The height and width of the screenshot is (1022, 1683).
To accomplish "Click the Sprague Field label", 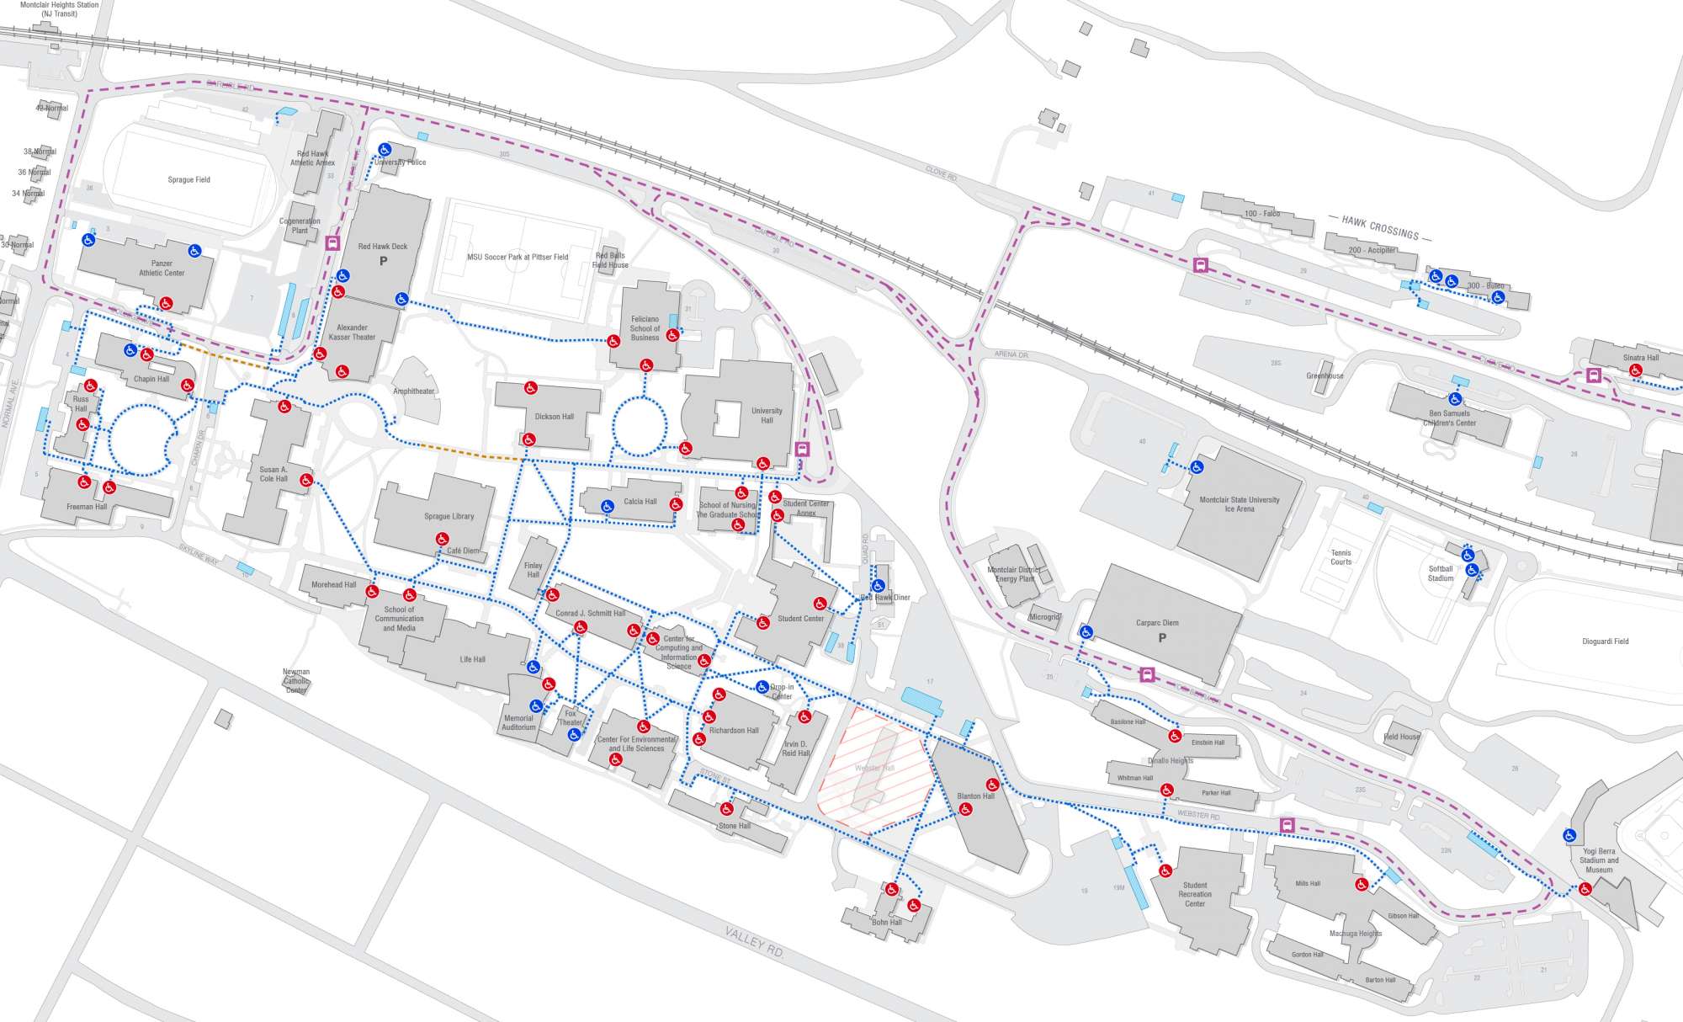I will tap(188, 179).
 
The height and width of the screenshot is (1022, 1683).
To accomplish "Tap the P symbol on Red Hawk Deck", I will tap(383, 261).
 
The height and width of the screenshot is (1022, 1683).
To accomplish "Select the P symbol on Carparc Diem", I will tap(1162, 637).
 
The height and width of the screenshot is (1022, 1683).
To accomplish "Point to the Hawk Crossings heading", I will tap(1380, 226).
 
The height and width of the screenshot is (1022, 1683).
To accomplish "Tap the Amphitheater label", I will tap(414, 391).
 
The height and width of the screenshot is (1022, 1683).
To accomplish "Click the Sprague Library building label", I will tap(449, 516).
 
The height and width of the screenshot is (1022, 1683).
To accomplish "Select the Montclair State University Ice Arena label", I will tap(1239, 504).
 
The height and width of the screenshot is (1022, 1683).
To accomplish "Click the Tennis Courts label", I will tap(1341, 557).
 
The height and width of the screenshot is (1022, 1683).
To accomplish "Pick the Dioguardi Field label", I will tap(1605, 641).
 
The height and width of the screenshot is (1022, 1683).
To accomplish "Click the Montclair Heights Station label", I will tap(59, 8).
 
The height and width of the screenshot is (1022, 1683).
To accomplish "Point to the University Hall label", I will tap(767, 415).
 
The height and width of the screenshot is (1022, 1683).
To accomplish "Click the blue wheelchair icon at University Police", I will tap(385, 150).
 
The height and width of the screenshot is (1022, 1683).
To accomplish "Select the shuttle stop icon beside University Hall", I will tap(802, 450).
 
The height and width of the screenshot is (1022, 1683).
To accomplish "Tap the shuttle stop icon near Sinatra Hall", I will tap(1593, 375).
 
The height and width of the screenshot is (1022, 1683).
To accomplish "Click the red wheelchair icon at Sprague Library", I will tap(442, 539).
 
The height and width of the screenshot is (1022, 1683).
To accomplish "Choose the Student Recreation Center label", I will tap(1195, 894).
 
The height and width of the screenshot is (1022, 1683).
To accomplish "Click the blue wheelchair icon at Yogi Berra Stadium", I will tap(1569, 836).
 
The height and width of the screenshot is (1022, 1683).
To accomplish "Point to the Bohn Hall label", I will tap(886, 922).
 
